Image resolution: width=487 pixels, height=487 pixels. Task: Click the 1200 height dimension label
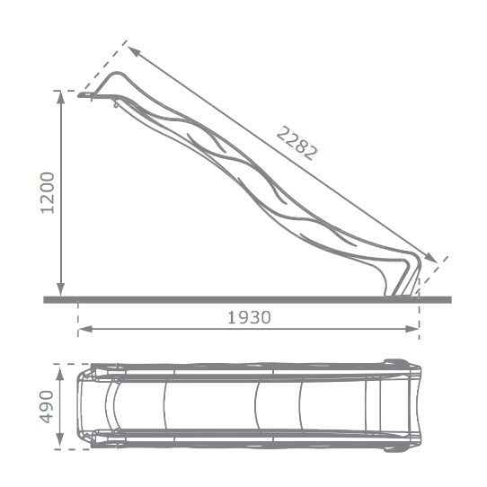tap(49, 193)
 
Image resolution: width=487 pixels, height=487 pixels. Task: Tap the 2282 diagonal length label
tap(297, 143)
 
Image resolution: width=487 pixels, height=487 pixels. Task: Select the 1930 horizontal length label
tap(249, 317)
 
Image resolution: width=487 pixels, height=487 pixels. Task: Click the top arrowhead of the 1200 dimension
tap(61, 96)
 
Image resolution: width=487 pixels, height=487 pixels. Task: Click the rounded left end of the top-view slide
tap(81, 406)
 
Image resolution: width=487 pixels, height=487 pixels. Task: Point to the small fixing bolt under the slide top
tap(115, 105)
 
